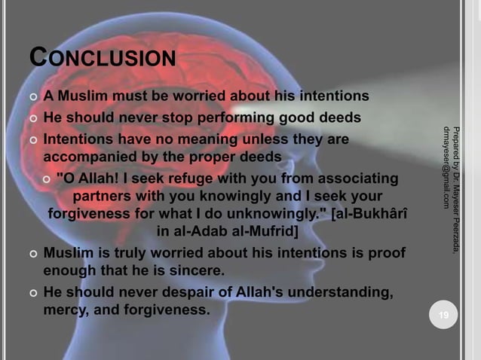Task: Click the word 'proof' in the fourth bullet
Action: pyautogui.click(x=386, y=252)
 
